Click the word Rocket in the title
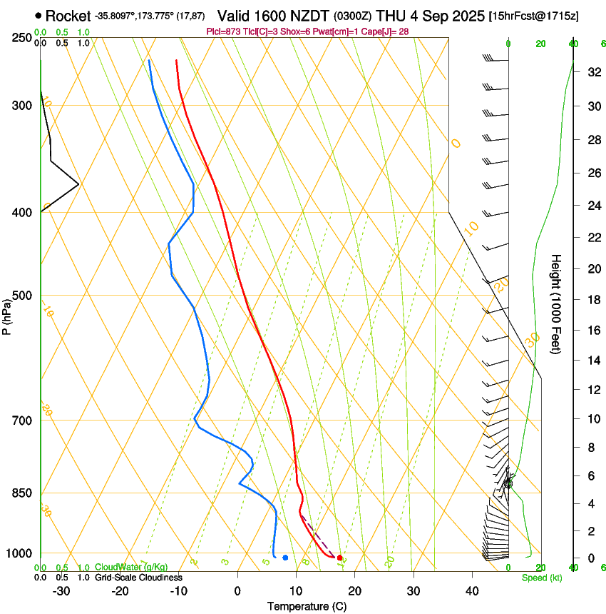click(x=68, y=16)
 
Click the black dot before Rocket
click(x=38, y=16)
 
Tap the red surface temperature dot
click(x=339, y=558)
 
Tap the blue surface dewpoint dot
click(x=285, y=558)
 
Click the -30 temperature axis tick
click(x=61, y=590)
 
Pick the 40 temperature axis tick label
click(x=471, y=590)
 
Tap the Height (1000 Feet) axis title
click(x=556, y=304)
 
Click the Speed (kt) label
click(x=541, y=578)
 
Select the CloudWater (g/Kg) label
click(x=131, y=567)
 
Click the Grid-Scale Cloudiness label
click(x=138, y=578)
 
